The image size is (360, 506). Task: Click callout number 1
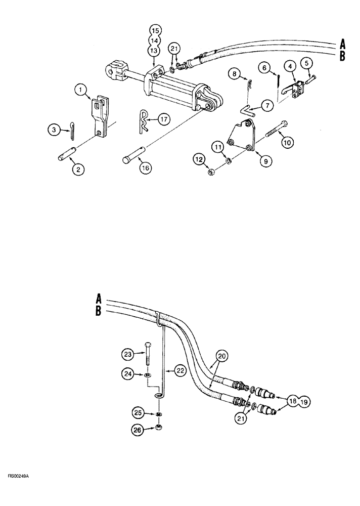pyautogui.click(x=79, y=91)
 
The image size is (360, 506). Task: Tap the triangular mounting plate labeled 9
pyautogui.click(x=242, y=135)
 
